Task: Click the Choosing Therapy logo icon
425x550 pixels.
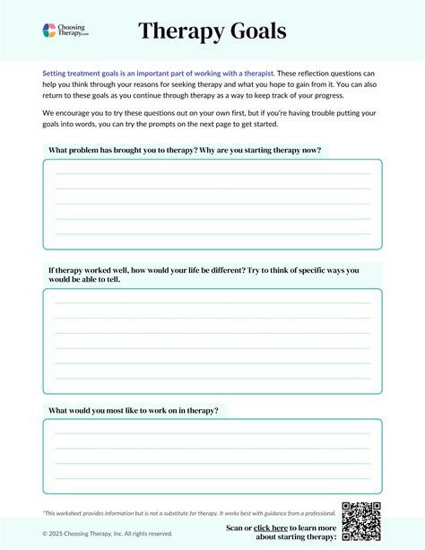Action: [50, 31]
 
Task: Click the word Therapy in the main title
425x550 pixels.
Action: [186, 31]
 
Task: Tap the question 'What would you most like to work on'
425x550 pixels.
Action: [133, 410]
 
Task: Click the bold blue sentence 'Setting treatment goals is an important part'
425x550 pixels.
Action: [158, 73]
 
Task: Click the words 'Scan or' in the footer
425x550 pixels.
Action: [239, 528]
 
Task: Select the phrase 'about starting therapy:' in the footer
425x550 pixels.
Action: [296, 537]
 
